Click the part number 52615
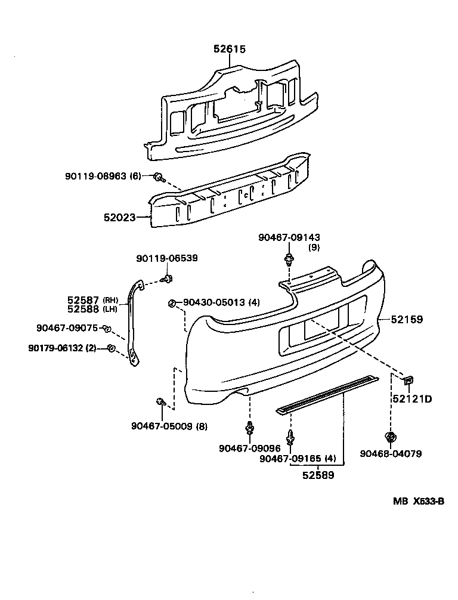coord(230,50)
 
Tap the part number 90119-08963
coord(96,177)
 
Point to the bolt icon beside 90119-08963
coord(159,177)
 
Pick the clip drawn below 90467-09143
coord(290,260)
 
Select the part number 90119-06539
coord(166,258)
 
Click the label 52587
coord(83,300)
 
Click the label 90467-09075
coord(66,327)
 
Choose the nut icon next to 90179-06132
coord(111,348)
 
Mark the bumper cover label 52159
coord(407,320)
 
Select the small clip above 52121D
coord(409,379)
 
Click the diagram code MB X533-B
coord(418,501)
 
